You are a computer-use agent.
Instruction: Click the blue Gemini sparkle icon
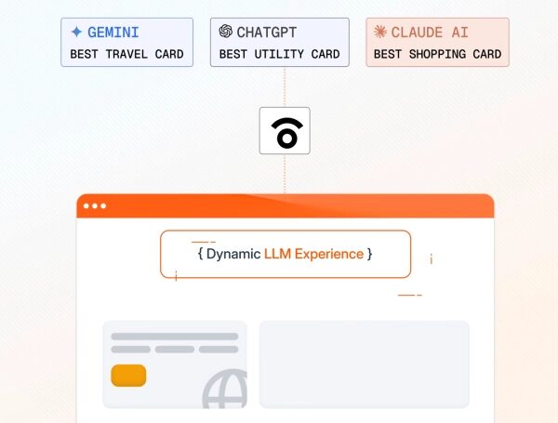(x=76, y=32)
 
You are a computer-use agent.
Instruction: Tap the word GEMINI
(x=113, y=33)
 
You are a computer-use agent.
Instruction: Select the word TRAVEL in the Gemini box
(x=126, y=54)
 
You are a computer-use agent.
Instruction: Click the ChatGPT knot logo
(x=226, y=32)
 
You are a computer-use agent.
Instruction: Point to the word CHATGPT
(x=267, y=33)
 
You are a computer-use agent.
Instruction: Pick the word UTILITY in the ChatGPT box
(x=279, y=54)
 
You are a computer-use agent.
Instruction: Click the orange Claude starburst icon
(x=380, y=32)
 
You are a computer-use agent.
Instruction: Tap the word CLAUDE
(x=417, y=33)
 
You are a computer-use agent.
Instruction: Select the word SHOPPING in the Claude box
(x=437, y=54)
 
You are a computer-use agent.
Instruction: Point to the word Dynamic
(x=233, y=255)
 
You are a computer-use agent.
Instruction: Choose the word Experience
(x=329, y=255)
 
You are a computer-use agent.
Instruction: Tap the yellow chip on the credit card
(x=128, y=376)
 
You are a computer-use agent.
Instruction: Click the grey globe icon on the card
(x=225, y=389)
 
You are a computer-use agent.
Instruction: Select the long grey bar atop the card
(x=175, y=337)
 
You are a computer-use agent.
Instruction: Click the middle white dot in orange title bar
(x=95, y=206)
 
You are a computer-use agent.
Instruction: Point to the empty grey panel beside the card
(x=364, y=364)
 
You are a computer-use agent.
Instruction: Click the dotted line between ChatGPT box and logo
(x=285, y=86)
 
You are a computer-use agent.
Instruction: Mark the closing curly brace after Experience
(x=370, y=254)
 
